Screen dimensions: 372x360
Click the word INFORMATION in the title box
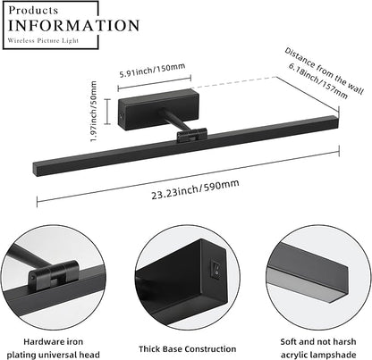(73, 25)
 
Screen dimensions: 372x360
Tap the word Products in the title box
(33, 10)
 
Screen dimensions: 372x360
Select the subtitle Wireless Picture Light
(43, 40)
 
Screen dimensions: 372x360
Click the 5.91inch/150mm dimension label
(152, 71)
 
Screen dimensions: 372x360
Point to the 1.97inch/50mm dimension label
(93, 111)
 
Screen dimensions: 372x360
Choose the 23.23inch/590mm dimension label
(195, 189)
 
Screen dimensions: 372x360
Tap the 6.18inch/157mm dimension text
(318, 80)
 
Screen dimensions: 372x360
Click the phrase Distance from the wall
(325, 71)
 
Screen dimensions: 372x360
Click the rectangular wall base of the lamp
(158, 109)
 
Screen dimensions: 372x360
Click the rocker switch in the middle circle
(216, 268)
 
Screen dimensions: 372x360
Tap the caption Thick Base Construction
(187, 348)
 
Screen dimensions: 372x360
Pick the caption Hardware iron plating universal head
(54, 348)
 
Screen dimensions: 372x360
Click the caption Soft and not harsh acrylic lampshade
(318, 348)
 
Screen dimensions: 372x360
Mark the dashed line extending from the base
(234, 82)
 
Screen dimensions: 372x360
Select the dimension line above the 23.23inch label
(188, 177)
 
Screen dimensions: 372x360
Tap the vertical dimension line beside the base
(107, 111)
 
